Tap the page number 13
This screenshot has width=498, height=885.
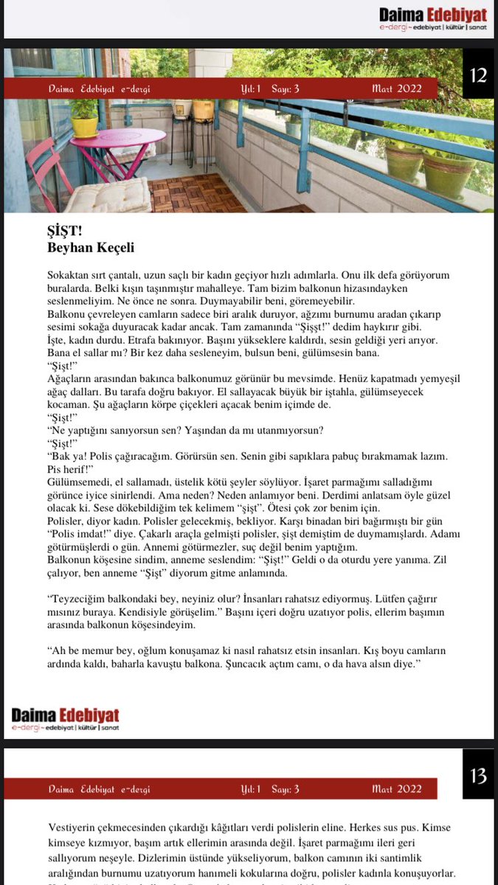(477, 776)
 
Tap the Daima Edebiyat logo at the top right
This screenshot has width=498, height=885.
(433, 19)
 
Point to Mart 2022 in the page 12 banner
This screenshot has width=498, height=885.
(397, 88)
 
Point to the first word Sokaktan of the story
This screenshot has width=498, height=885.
(68, 274)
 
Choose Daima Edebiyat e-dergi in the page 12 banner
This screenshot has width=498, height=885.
(100, 88)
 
